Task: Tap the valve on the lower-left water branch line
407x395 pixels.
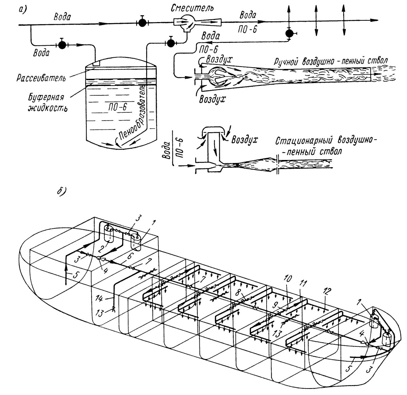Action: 62,44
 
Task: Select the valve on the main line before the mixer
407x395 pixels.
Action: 142,22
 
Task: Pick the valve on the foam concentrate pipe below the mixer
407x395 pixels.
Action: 170,42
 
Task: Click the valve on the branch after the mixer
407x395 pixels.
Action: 289,33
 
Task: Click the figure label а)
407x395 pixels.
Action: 23,10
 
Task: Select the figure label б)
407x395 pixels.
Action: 62,191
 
